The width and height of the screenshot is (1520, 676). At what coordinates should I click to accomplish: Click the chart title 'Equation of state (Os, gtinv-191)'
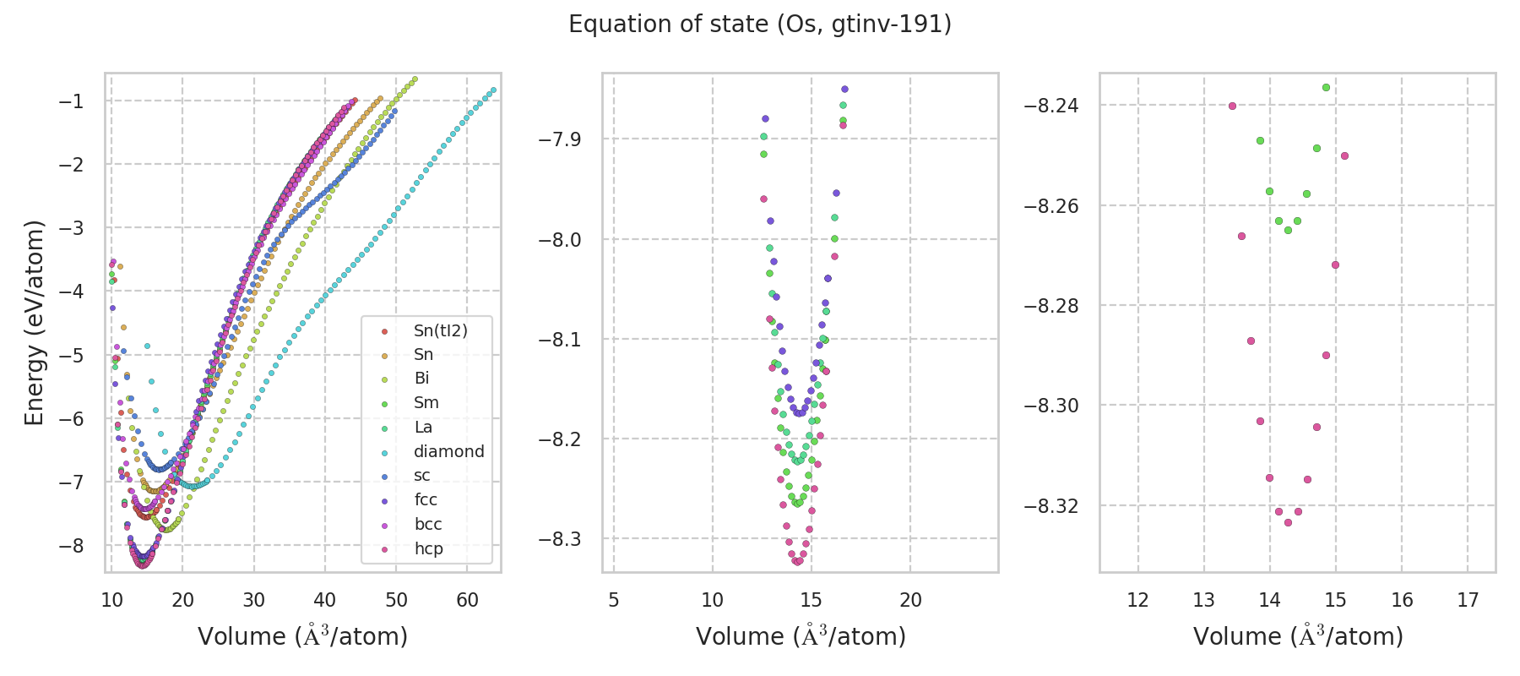point(760,25)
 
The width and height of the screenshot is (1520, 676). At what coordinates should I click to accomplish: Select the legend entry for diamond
point(448,451)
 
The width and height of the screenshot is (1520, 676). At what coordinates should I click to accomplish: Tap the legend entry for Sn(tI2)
point(440,330)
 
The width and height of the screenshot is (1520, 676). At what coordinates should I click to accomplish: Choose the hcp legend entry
point(428,548)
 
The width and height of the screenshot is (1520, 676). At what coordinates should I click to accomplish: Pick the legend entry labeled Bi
point(421,379)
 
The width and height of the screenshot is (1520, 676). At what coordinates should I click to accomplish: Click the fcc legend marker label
point(426,499)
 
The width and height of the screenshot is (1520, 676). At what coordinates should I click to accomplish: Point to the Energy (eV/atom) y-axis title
point(34,322)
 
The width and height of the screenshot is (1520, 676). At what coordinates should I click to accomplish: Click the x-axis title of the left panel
point(302,636)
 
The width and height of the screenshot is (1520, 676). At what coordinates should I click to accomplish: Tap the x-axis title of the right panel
point(1298,636)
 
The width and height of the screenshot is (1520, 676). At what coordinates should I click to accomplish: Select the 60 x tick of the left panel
point(467,600)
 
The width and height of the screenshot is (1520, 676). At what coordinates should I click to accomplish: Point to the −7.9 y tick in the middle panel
point(560,139)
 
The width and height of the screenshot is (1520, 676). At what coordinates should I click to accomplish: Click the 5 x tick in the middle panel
point(613,600)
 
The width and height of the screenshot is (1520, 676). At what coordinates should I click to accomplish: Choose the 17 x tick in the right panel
point(1468,600)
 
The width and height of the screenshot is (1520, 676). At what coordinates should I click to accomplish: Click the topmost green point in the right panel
point(1326,87)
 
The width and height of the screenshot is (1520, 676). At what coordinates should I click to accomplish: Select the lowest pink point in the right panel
point(1288,522)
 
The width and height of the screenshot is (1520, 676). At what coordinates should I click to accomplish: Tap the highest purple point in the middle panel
point(844,89)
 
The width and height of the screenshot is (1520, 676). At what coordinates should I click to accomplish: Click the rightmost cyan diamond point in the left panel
point(493,90)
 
